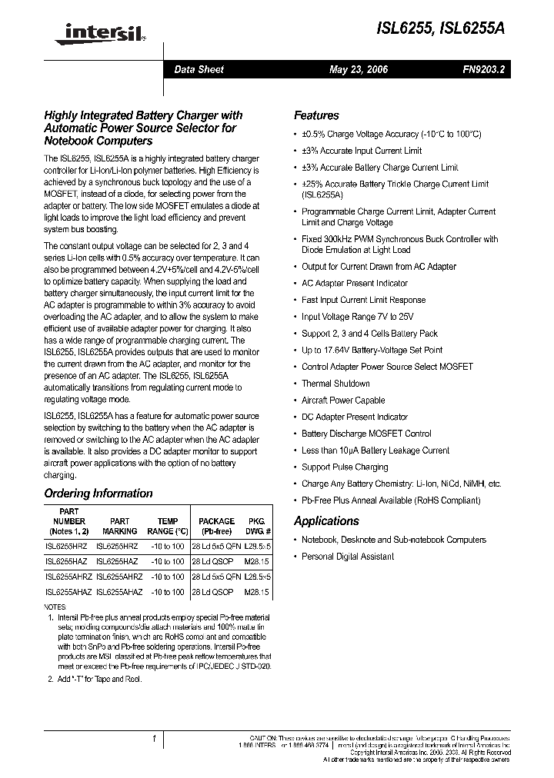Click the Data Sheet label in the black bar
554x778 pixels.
(199, 69)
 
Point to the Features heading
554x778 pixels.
(316, 115)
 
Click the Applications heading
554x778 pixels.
(326, 520)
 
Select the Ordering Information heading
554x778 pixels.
(98, 494)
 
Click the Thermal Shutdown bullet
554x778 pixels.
(335, 384)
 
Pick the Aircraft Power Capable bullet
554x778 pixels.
(343, 401)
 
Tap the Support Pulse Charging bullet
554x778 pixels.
(345, 467)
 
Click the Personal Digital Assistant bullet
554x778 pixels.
(348, 557)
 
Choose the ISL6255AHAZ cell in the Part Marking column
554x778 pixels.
(119, 593)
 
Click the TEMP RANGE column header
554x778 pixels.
(167, 526)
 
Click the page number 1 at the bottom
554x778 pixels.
(154, 739)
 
